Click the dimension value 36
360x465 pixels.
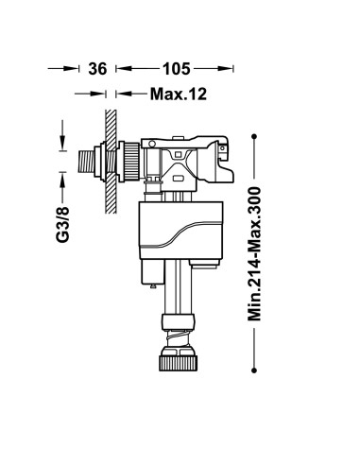[97, 69]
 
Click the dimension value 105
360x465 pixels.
[177, 69]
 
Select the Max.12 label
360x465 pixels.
[179, 94]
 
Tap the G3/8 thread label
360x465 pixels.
[62, 224]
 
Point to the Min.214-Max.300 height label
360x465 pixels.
[254, 254]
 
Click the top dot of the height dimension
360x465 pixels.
[254, 136]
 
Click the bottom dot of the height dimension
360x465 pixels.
[254, 370]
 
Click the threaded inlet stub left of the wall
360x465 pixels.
[86, 162]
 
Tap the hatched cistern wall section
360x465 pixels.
[111, 162]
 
